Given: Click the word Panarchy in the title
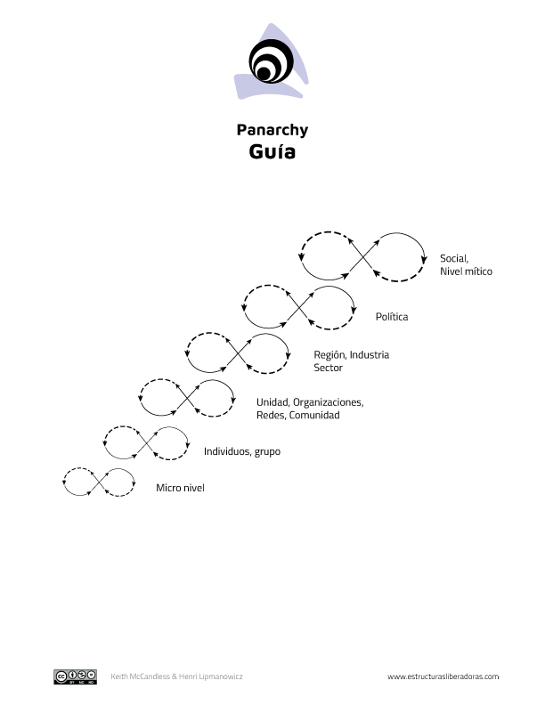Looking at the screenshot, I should point(272,130).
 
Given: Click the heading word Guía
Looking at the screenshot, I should point(272,152).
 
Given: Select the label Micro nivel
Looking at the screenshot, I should point(180,488).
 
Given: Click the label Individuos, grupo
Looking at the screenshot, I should point(241,451).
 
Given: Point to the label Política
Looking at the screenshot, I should point(392,316).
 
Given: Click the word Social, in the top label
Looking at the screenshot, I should point(454,258).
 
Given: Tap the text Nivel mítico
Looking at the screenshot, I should point(465,271).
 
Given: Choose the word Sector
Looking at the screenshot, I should point(328,368).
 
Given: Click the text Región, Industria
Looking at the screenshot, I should point(351,354).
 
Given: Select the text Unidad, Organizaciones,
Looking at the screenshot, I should point(309,401).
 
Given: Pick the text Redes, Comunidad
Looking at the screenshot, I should point(297,415).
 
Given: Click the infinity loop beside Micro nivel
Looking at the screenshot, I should point(98,482).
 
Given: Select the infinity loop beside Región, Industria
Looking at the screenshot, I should point(238,352).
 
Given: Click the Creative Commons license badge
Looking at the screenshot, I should point(75,677).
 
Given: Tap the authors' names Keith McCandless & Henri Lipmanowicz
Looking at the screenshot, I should point(176,677).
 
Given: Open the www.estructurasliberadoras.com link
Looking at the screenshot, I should point(443,677).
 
